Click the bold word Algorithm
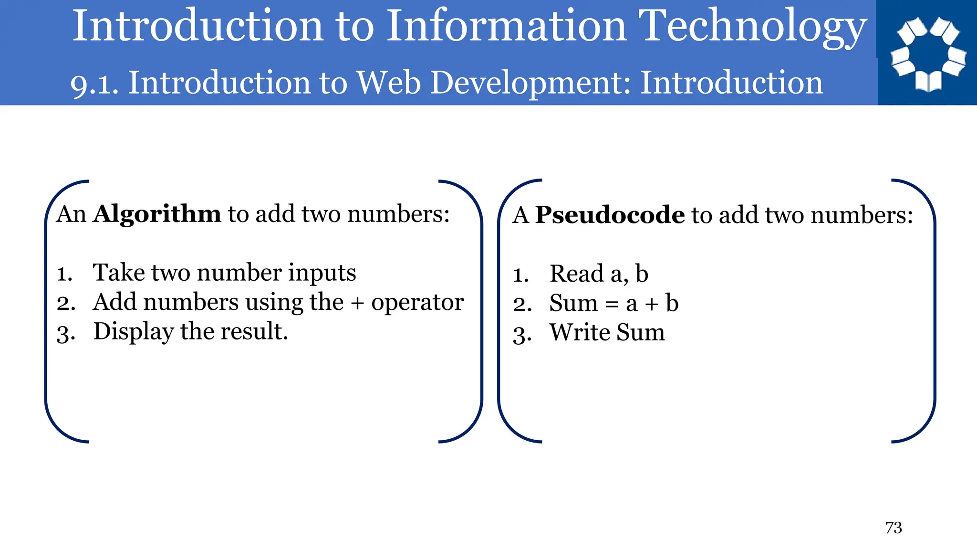click(157, 214)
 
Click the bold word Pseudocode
click(610, 215)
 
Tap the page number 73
click(894, 528)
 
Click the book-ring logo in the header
click(928, 53)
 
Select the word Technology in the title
click(752, 28)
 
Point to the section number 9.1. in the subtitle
click(94, 84)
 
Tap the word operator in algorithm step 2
click(417, 302)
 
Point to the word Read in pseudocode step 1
click(577, 274)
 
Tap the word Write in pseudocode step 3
click(580, 332)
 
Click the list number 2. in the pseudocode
click(522, 305)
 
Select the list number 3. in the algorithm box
click(66, 333)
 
